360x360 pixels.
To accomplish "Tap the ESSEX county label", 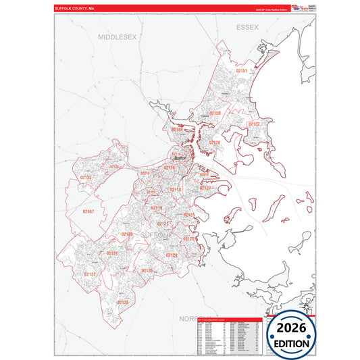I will point(248,27).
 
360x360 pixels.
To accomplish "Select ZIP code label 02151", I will point(242,70).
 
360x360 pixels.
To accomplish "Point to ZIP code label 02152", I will point(254,124).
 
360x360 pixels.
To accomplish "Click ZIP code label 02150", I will point(215,113).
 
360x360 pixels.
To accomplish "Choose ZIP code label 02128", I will point(214,143).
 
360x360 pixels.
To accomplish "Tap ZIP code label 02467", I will point(88,211).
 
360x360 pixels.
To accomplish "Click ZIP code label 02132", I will point(90,274).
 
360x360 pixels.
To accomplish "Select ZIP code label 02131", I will point(112,253).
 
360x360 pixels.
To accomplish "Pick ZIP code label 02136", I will point(122,302).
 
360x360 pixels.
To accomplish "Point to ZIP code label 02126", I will point(147,270).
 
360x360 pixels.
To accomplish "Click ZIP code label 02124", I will point(172,255).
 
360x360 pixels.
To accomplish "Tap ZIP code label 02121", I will point(163,223).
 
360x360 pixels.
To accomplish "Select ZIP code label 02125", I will point(188,215).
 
